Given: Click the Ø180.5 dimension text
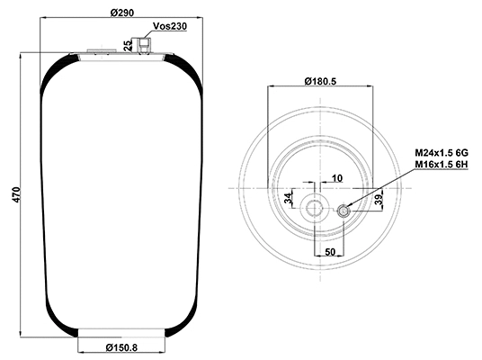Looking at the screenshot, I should [x=321, y=81].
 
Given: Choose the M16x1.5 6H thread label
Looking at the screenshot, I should [x=442, y=166].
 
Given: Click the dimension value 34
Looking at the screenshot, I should [x=288, y=198].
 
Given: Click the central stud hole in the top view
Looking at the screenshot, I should [x=315, y=209].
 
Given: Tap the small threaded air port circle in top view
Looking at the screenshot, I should [x=344, y=211].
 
